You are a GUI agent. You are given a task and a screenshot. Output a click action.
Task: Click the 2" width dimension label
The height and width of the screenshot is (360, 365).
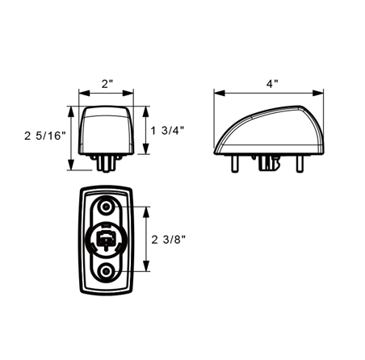tap(107, 84)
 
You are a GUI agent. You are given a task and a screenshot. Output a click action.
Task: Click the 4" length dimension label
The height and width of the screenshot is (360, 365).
tap(272, 84)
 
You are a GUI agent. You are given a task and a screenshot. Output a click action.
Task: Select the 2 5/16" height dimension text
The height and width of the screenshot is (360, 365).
tap(45, 136)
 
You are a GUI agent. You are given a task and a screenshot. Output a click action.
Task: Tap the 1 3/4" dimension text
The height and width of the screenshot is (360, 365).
tap(167, 131)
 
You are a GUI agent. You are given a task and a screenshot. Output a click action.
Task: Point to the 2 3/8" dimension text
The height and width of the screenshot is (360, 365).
tap(169, 240)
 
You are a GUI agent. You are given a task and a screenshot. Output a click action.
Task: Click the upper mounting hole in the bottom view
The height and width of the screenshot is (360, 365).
tap(106, 207)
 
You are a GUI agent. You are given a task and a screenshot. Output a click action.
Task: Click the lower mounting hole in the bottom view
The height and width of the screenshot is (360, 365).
tap(106, 271)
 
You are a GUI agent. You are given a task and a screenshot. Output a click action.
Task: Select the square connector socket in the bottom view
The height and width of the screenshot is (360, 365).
tap(106, 238)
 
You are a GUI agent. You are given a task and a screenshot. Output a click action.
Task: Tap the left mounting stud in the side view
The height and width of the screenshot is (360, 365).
tap(235, 163)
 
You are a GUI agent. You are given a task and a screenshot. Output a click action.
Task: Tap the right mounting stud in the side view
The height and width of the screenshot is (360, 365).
tap(300, 163)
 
